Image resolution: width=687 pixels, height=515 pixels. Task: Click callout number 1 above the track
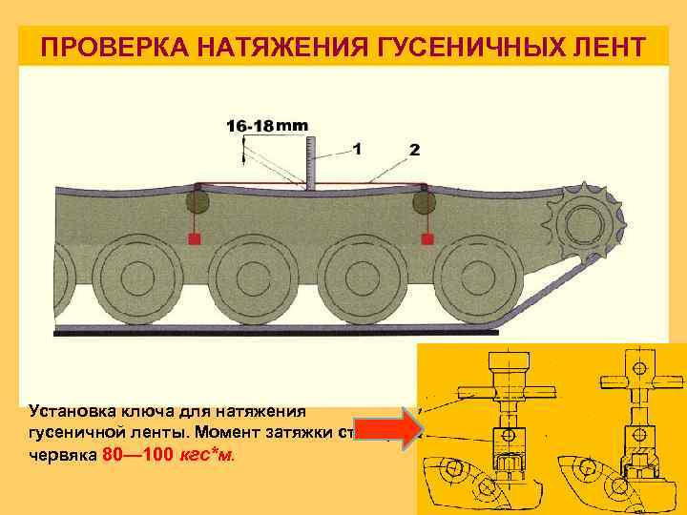click(357, 149)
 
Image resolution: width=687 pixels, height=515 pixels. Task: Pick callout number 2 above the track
click(414, 150)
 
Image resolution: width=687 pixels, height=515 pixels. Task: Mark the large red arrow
click(385, 432)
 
